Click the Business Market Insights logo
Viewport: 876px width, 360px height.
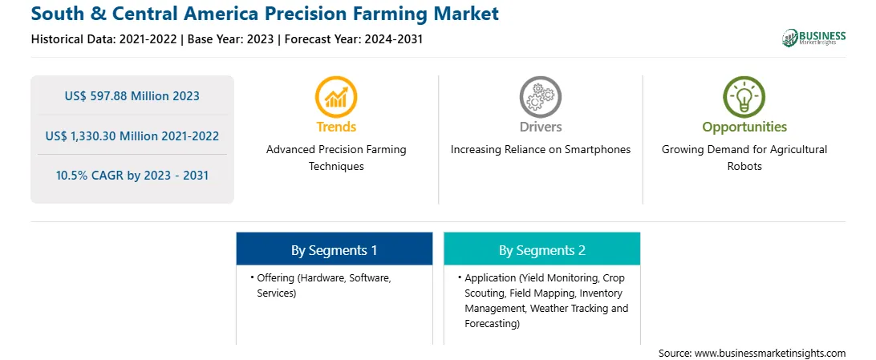click(814, 38)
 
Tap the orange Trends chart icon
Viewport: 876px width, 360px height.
click(336, 97)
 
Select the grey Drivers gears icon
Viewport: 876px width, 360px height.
click(540, 97)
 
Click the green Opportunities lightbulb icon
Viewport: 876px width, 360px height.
click(744, 97)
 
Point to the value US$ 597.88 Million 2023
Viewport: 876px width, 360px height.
click(132, 96)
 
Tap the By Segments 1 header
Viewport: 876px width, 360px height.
click(334, 250)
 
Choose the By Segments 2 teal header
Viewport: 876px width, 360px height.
click(542, 250)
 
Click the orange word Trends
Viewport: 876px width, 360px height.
click(336, 127)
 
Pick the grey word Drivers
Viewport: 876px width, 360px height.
click(540, 127)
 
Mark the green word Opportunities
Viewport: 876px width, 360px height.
click(744, 127)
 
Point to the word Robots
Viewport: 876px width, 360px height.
click(744, 166)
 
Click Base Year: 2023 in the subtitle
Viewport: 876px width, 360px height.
click(231, 39)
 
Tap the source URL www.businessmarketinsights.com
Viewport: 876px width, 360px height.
click(770, 354)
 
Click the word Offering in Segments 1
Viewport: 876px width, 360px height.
click(275, 277)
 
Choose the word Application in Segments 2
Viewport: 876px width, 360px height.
click(490, 277)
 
